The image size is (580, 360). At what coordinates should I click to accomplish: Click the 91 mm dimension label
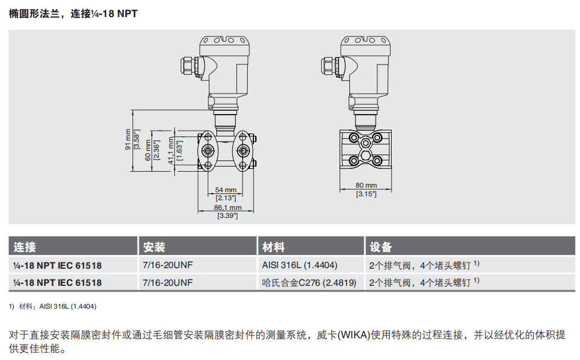[128, 139]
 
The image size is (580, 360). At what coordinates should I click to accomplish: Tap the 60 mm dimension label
[148, 150]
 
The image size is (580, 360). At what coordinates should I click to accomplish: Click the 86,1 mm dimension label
[227, 208]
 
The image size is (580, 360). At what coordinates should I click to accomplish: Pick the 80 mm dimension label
[366, 185]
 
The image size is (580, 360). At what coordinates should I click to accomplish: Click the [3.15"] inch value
[366, 194]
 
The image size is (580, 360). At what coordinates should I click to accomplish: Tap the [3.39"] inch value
[227, 216]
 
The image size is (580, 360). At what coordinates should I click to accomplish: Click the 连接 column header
[25, 247]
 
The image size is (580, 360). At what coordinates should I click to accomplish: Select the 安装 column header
[154, 247]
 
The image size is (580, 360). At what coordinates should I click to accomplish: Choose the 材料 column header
[273, 247]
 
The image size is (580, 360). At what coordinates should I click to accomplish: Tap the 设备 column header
[381, 247]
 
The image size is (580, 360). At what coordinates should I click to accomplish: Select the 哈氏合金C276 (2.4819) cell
[309, 282]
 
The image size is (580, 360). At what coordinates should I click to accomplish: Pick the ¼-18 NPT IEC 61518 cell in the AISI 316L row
[58, 265]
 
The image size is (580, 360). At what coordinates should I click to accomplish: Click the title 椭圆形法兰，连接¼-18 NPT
[73, 14]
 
